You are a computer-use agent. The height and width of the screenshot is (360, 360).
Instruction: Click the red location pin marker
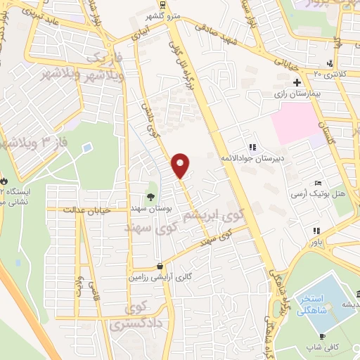click(181, 165)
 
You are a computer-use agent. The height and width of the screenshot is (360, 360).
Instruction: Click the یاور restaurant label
click(319, 240)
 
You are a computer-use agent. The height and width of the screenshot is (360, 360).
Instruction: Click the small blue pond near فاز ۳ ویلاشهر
click(87, 148)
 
